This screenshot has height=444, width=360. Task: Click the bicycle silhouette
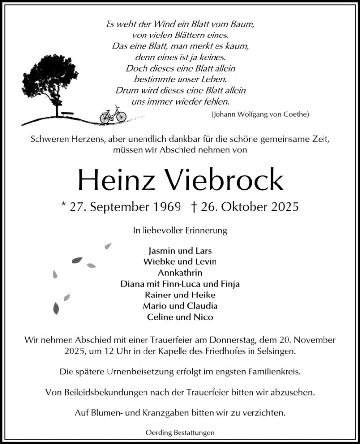(x=113, y=115)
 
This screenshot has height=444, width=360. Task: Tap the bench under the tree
(x=67, y=114)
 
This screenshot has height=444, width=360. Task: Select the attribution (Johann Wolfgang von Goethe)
(x=260, y=114)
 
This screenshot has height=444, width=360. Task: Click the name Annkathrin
(x=180, y=273)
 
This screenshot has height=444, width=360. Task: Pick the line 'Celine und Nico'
(x=180, y=317)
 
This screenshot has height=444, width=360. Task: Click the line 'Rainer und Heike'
(x=180, y=295)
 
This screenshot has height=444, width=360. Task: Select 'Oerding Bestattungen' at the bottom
(x=180, y=433)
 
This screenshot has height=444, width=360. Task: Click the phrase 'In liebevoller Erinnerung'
(x=180, y=230)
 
